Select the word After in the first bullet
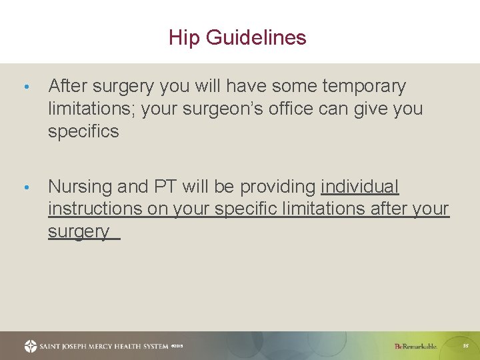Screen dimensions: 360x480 (x=69, y=86)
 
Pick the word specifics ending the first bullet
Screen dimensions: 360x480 (x=83, y=131)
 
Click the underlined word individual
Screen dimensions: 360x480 (x=360, y=186)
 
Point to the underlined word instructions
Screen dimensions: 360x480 (x=95, y=209)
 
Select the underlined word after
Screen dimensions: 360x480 (x=389, y=209)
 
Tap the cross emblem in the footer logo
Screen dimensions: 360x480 (x=31, y=346)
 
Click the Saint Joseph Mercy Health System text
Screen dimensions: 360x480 (x=104, y=346)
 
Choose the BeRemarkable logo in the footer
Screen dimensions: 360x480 (x=415, y=346)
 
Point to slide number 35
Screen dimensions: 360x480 (x=467, y=346)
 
